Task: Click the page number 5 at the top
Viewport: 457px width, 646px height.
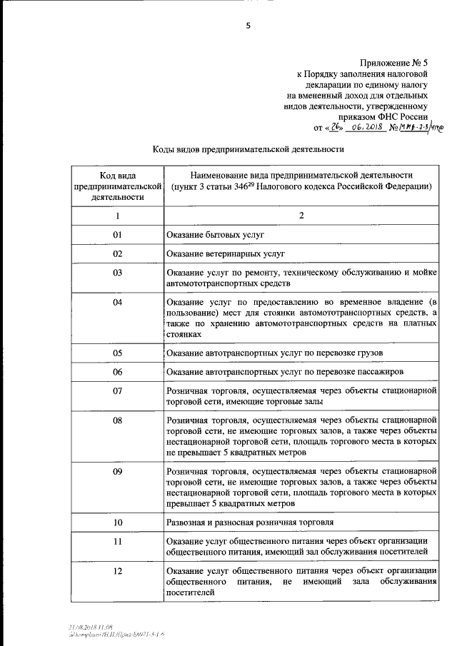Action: pyautogui.click(x=248, y=26)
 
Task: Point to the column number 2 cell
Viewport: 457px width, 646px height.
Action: pyautogui.click(x=301, y=216)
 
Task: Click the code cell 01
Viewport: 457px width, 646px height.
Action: pyautogui.click(x=118, y=235)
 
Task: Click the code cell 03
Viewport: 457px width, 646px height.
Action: pyautogui.click(x=118, y=273)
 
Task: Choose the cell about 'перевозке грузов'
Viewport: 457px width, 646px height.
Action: pyautogui.click(x=275, y=353)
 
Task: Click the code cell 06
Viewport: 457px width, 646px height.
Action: pyautogui.click(x=118, y=372)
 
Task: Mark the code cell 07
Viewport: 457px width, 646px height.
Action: pyautogui.click(x=118, y=390)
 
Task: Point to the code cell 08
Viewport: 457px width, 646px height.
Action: pyautogui.click(x=118, y=420)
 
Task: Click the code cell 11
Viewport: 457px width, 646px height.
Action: pyautogui.click(x=118, y=541)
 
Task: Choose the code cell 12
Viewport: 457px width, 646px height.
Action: pyautogui.click(x=118, y=570)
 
